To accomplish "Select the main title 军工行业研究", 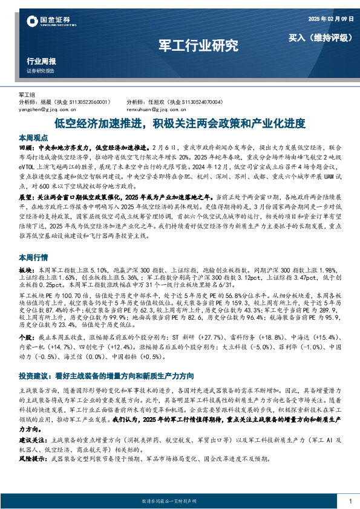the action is tap(198, 45).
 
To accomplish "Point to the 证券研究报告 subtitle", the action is tap(41, 71).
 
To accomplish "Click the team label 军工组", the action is tap(28, 95).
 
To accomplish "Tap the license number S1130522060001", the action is tap(87, 102).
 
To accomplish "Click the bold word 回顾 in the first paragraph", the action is tap(26, 147).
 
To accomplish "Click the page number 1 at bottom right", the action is tap(350, 501).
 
